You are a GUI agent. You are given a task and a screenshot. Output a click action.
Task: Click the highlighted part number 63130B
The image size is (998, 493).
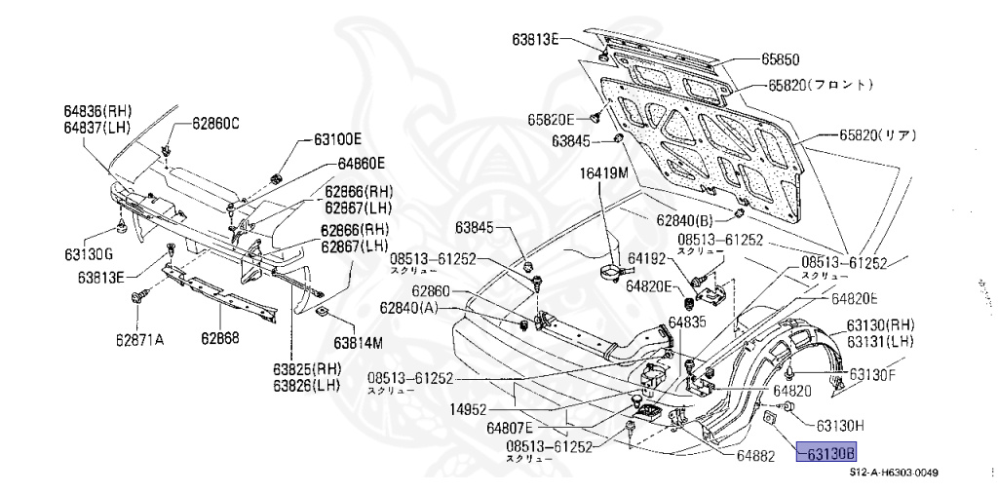click(x=827, y=453)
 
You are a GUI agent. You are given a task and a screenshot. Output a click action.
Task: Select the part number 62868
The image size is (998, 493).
click(x=221, y=339)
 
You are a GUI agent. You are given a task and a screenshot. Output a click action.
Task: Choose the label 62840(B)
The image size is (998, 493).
click(x=685, y=221)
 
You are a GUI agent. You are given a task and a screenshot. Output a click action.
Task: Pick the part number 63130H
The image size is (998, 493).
click(x=841, y=425)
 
